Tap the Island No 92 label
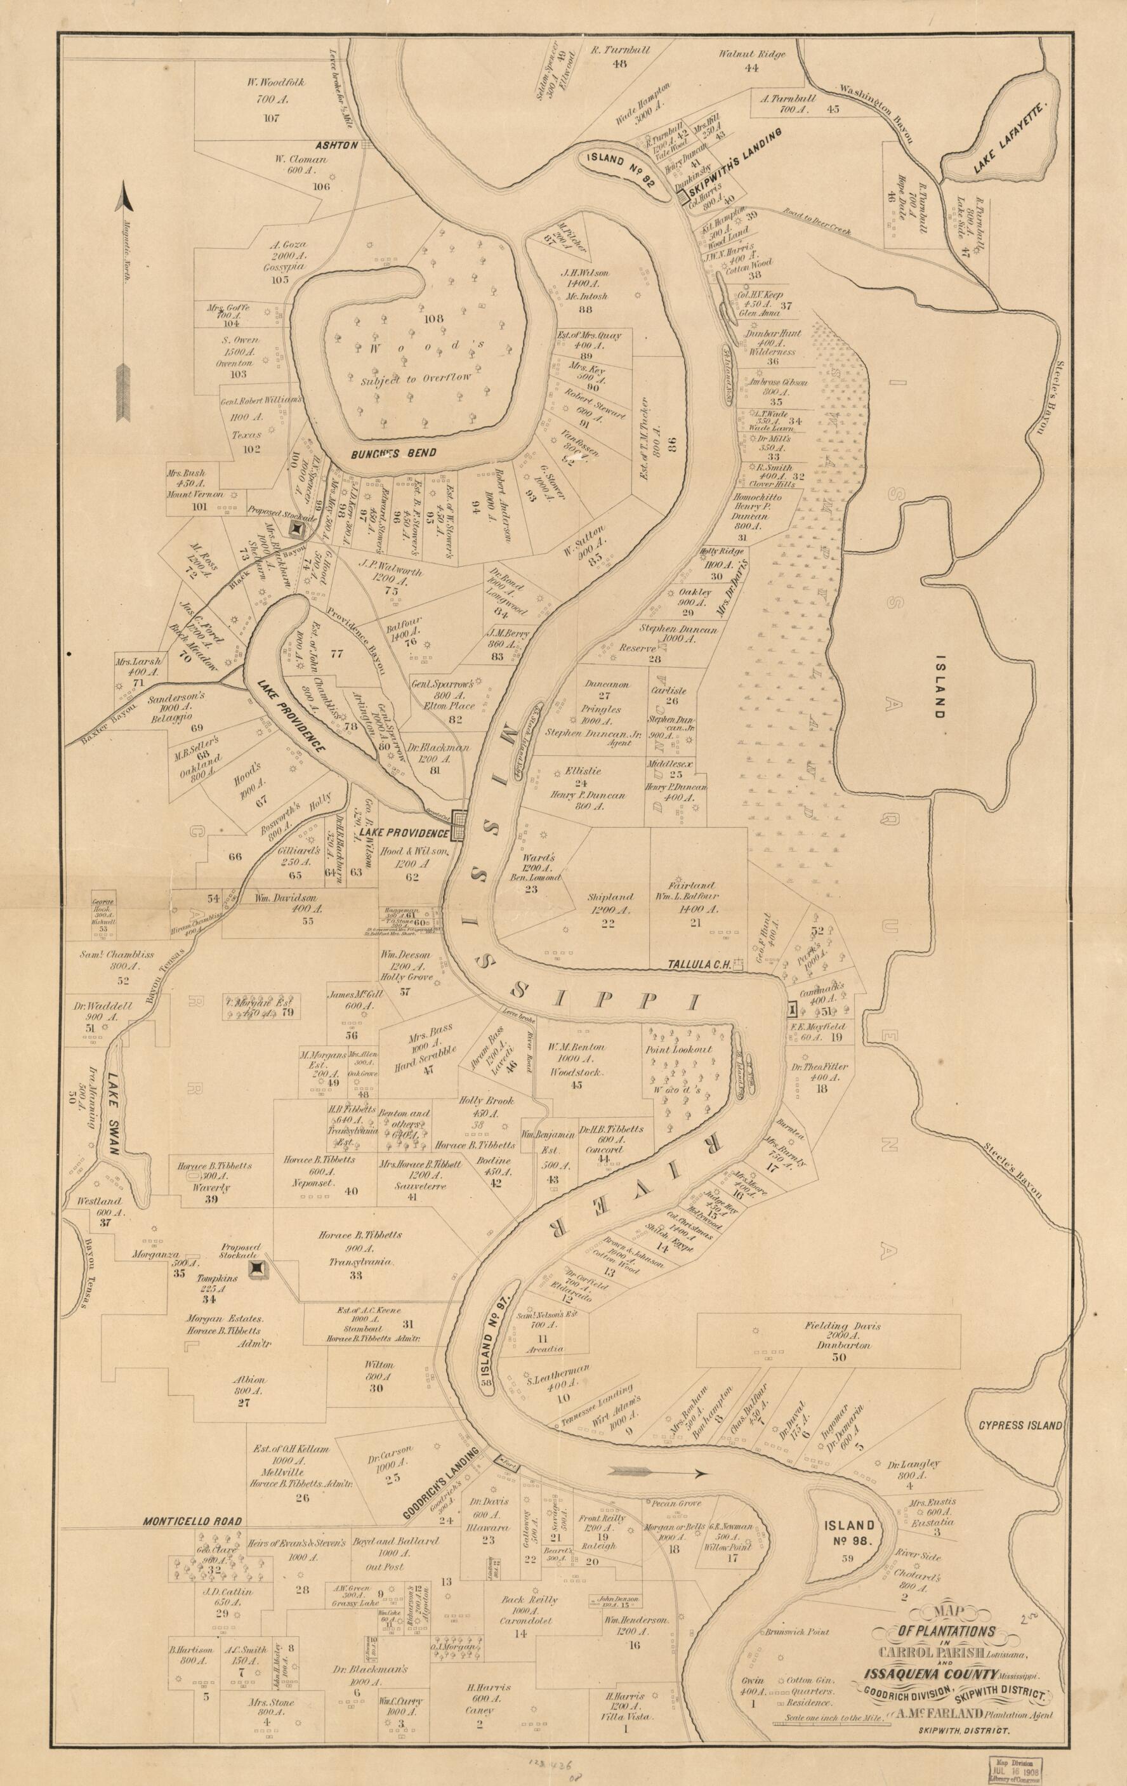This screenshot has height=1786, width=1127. pyautogui.click(x=617, y=168)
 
